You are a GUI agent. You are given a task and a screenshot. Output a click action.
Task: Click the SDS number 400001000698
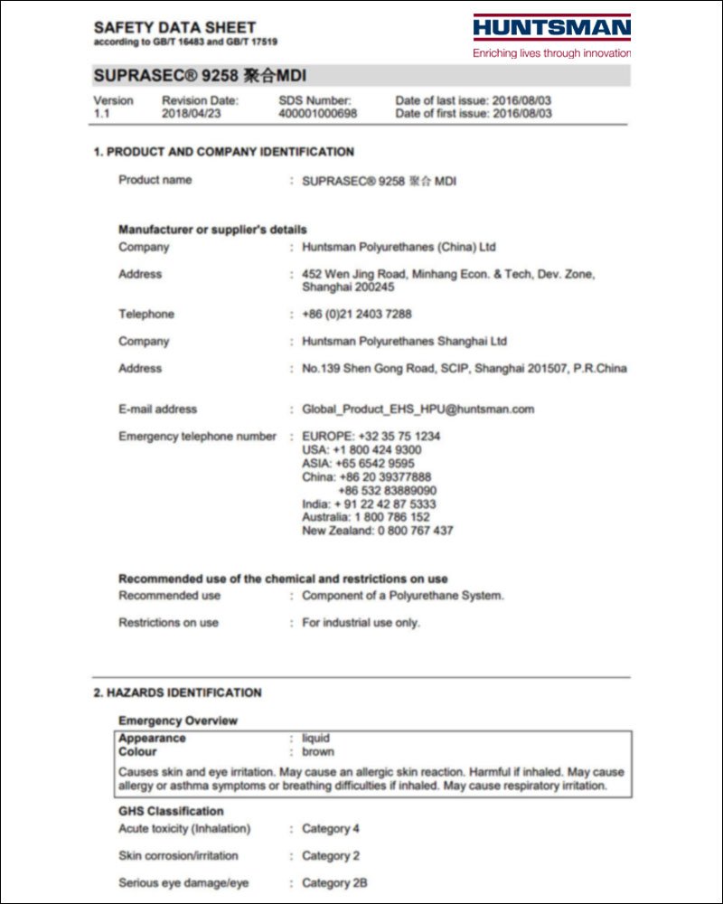click(x=317, y=114)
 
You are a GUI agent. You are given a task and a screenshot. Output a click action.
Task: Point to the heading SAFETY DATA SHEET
click(x=174, y=28)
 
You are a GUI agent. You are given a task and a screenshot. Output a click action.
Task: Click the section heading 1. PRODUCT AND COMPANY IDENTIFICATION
click(x=224, y=152)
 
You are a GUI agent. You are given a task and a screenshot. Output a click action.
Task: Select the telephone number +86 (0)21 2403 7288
click(x=357, y=315)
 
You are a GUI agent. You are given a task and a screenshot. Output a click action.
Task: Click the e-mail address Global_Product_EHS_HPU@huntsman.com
click(x=418, y=410)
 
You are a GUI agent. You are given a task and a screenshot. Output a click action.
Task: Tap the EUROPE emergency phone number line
click(x=371, y=436)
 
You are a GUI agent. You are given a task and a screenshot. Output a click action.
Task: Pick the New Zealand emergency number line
click(x=378, y=531)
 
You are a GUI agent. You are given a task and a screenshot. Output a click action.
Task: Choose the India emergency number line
click(x=369, y=504)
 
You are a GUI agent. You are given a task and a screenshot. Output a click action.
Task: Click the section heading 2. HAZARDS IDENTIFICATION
click(x=178, y=692)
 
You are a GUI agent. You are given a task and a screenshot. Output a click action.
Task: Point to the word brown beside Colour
click(x=318, y=751)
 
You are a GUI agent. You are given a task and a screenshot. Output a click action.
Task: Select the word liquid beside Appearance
click(x=316, y=738)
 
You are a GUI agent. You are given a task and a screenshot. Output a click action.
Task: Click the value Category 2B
click(x=334, y=882)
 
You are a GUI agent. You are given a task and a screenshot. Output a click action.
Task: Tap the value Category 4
click(x=331, y=828)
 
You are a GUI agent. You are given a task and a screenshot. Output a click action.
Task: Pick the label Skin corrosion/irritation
click(x=178, y=855)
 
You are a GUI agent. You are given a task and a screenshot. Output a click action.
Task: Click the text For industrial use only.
click(x=361, y=623)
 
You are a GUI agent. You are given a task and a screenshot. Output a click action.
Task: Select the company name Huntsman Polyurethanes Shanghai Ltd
click(x=405, y=342)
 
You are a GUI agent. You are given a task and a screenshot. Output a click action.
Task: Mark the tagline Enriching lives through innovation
click(x=551, y=53)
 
